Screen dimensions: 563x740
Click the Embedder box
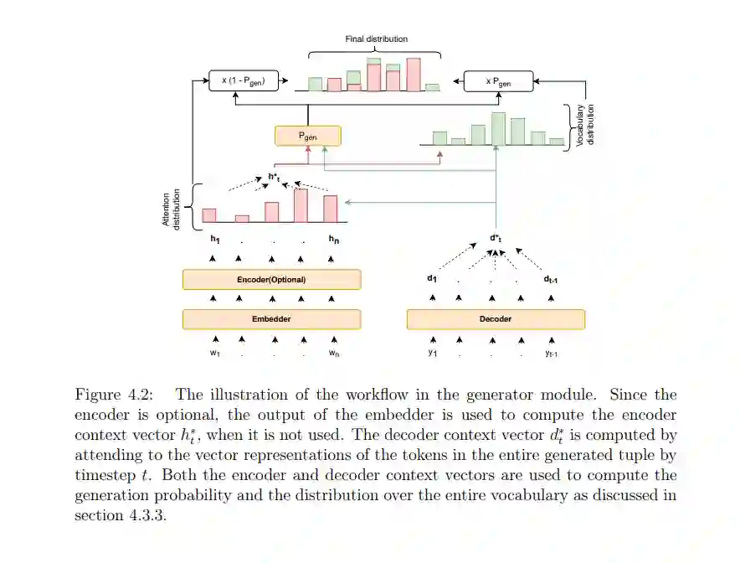271,319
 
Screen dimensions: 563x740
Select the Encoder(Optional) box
271,279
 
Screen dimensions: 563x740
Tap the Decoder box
496,319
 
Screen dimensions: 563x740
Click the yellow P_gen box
307,136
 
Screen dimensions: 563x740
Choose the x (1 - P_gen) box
243,81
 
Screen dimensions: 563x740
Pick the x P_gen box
498,81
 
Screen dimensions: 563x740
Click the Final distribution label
377,39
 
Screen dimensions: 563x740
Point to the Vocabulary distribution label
586,126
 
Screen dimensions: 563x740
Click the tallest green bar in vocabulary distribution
498,128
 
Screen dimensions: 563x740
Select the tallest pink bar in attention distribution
301,205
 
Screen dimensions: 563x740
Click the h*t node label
274,177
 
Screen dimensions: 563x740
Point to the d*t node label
495,238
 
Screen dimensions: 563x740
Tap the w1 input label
215,354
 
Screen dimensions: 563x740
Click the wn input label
334,354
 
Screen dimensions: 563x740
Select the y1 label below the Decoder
433,353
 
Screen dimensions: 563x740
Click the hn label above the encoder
333,240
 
